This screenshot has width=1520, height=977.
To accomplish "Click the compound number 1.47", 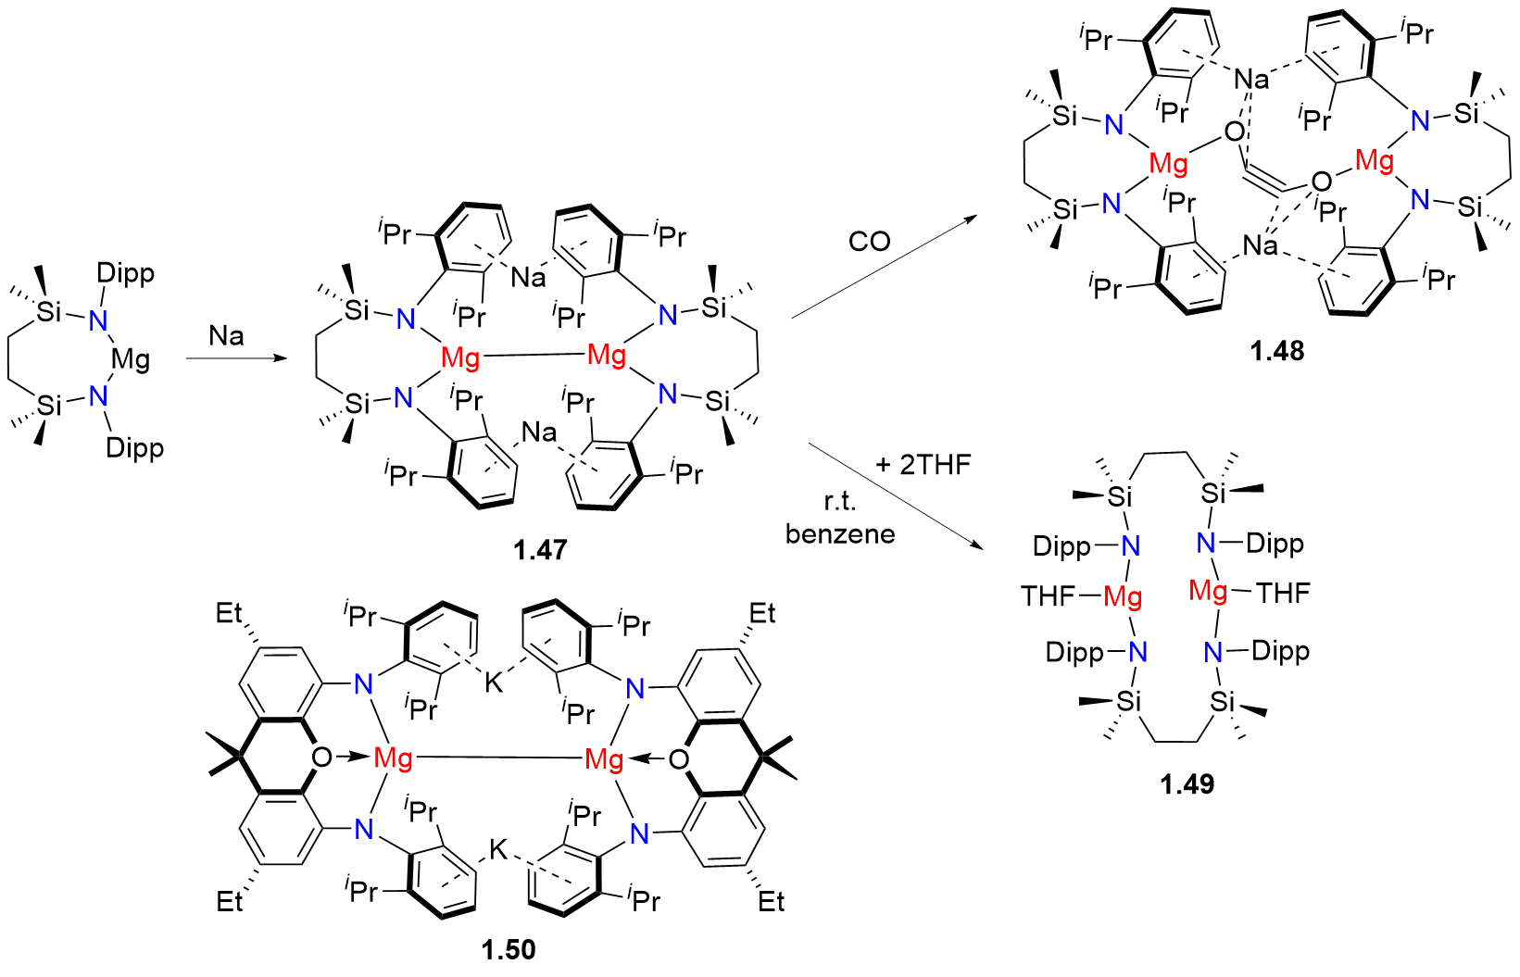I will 540,550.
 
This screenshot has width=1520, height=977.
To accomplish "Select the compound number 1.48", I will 1276,351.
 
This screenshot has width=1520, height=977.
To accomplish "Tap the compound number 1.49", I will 1187,784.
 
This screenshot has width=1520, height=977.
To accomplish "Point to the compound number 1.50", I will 509,949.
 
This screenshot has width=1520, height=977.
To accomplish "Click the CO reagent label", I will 869,242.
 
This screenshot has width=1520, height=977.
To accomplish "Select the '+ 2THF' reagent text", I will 923,464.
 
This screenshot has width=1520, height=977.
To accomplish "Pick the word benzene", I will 840,534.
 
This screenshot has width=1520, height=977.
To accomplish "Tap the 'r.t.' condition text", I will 840,501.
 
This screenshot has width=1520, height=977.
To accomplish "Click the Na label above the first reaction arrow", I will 227,335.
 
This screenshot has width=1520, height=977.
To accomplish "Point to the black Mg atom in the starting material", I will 131,359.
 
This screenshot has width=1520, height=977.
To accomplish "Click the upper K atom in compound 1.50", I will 494,683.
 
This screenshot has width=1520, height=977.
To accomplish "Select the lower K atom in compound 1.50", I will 498,849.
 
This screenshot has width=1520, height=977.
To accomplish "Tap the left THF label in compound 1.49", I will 1049,595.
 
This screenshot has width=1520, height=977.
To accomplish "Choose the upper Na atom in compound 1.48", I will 1251,80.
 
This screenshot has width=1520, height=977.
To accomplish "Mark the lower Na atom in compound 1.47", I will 539,432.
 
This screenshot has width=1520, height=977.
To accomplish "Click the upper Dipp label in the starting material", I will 125,274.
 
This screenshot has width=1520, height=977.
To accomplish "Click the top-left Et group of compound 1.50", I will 229,613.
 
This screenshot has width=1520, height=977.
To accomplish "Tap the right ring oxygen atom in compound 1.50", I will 678,760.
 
